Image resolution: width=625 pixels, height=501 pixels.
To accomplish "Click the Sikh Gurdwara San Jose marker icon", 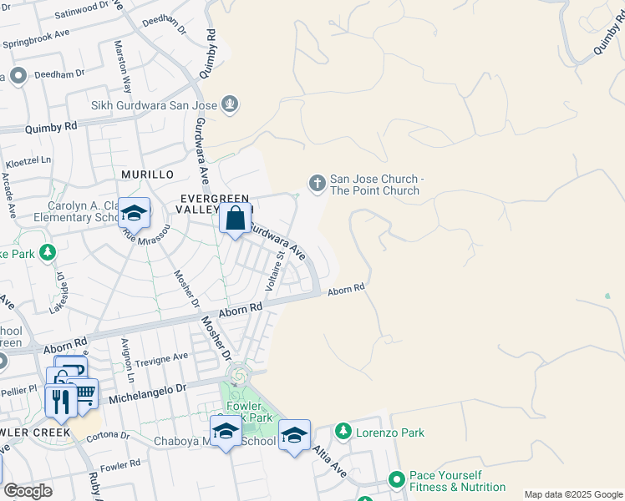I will (x=231, y=104).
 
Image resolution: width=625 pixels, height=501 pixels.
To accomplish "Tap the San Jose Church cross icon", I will (x=317, y=183).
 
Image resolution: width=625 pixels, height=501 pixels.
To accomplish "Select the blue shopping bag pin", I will (x=236, y=219).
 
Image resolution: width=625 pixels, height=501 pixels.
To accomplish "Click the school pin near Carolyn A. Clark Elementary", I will (x=134, y=214).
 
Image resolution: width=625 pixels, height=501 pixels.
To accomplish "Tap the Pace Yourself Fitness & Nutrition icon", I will (x=397, y=479).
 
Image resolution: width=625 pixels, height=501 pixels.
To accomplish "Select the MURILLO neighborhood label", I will (x=146, y=174).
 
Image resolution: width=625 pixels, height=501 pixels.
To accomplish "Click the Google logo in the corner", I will (x=28, y=491).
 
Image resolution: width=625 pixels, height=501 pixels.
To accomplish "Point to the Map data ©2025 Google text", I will (x=572, y=494).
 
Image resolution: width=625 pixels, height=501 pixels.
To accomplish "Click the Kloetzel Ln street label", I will (x=30, y=159).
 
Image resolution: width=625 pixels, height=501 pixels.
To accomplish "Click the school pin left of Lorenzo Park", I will (x=294, y=435).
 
